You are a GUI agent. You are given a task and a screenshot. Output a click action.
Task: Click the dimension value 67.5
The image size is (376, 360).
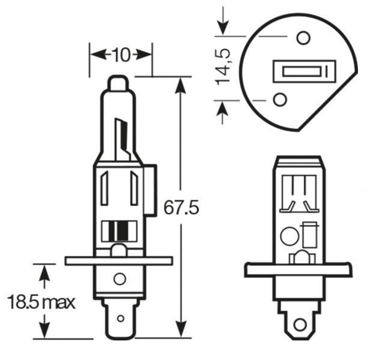[181, 208]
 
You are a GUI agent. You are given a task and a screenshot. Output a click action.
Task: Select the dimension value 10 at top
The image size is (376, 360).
[121, 55]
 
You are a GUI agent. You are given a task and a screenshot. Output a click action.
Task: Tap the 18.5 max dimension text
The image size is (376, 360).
[41, 301]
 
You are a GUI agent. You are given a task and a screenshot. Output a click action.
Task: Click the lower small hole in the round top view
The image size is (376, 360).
[280, 99]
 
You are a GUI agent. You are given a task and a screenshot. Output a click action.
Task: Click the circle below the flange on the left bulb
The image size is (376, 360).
[120, 278]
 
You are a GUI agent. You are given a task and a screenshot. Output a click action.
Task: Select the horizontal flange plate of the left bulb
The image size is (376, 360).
[118, 261]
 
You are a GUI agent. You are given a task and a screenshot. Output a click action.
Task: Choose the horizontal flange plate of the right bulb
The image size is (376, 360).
[298, 270]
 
